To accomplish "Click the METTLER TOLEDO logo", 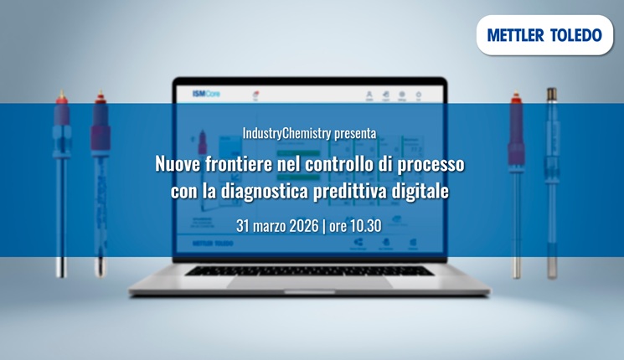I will (544, 35).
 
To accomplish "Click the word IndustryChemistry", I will (286, 133).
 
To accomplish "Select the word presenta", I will (355, 133).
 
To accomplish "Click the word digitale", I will (422, 191).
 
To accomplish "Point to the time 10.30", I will (366, 226).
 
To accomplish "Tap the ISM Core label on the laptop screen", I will (206, 95).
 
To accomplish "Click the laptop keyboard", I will (309, 270).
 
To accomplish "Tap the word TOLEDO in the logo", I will (575, 35).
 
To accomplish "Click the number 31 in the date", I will (243, 226).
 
